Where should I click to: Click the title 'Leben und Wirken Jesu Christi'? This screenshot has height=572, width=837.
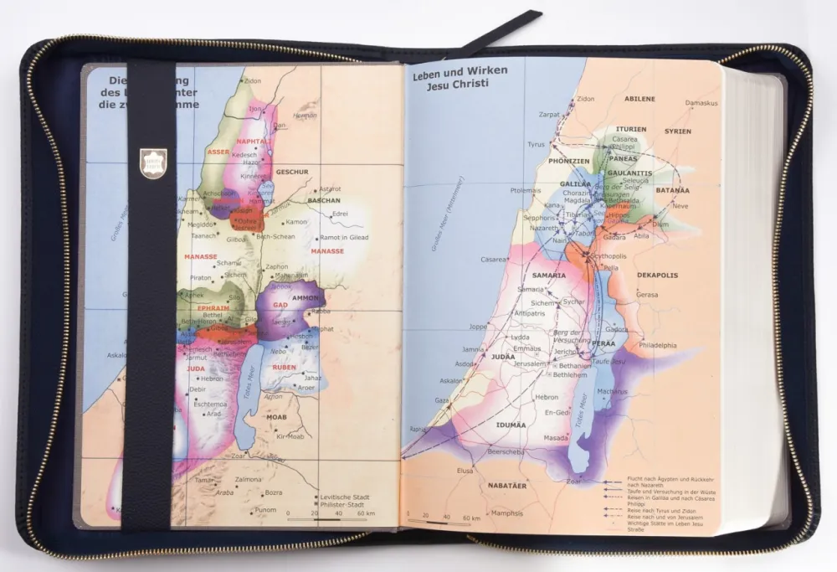coord(459,79)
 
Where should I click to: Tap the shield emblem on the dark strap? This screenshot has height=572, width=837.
coord(153,160)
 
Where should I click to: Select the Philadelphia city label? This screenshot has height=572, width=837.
coord(657,345)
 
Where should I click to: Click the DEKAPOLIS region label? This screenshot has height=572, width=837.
coord(657,275)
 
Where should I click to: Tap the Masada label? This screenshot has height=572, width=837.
coord(556,437)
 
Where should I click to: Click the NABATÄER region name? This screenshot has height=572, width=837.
coord(511,485)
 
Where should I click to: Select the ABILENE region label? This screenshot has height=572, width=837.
coord(639,99)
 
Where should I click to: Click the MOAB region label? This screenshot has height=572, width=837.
coord(276,416)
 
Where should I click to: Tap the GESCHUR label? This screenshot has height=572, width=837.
coord(292,172)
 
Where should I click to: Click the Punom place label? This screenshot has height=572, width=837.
coord(265,510)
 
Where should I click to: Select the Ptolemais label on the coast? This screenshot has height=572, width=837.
coord(501,190)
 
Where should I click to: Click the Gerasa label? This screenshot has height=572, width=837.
coord(647,295)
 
